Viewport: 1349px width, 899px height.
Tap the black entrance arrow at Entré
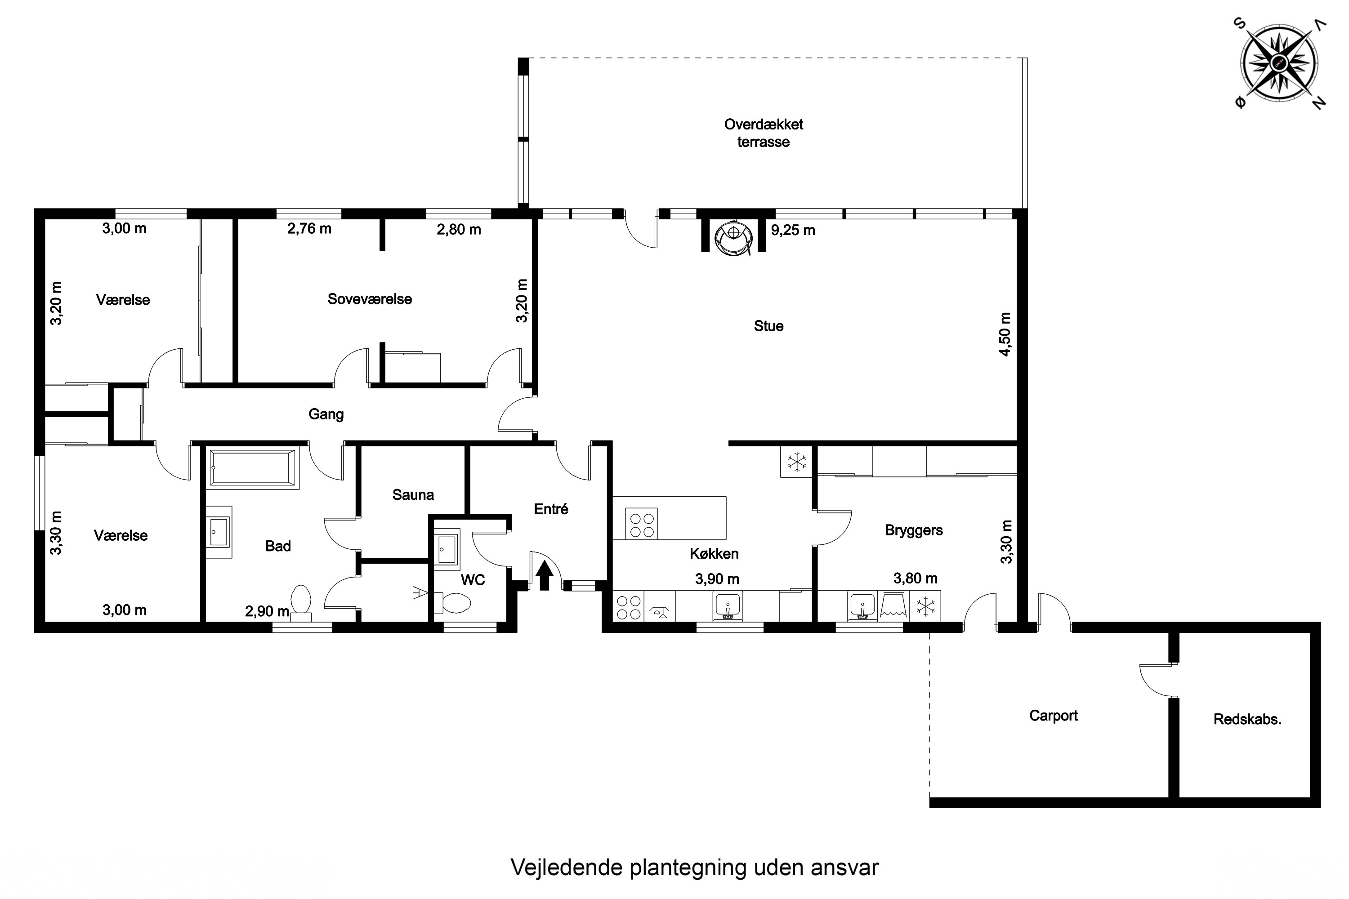pos(544,574)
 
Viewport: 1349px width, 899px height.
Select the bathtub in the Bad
pos(252,468)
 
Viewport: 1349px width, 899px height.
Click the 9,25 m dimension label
pos(793,231)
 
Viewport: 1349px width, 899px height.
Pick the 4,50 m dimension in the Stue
pos(1005,334)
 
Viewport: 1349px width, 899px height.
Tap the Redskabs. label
pos(1247,719)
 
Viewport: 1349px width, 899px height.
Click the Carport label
pos(1053,716)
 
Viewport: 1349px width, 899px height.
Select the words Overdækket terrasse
pos(764,133)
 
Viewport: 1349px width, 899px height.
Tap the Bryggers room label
pos(914,530)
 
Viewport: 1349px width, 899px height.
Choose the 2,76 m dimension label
pos(309,229)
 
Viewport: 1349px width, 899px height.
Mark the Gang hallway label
pos(326,414)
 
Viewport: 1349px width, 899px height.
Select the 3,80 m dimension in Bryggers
pos(916,578)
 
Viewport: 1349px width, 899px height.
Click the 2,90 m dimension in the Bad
pos(267,611)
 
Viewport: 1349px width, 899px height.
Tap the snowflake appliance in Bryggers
pos(925,606)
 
